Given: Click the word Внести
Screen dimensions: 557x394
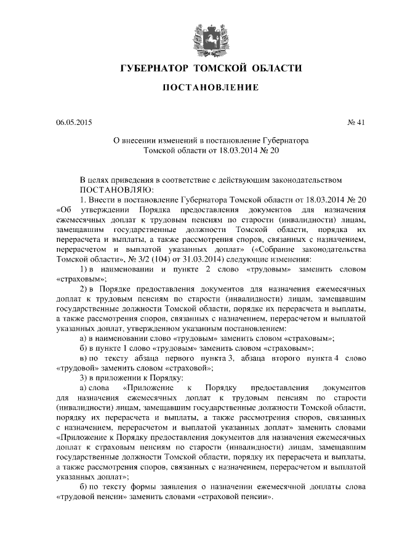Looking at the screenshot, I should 105,200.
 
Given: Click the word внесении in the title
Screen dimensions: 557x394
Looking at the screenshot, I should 145,140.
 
